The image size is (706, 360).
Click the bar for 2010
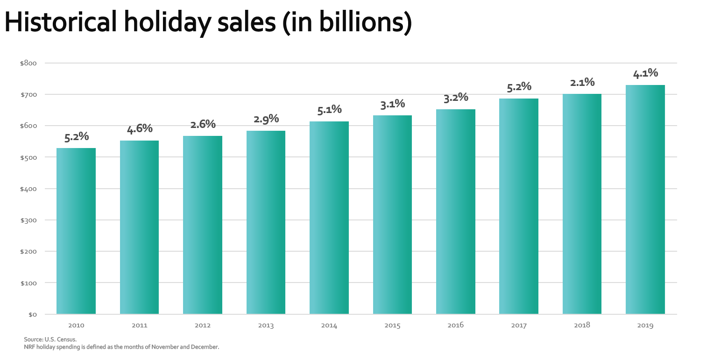click(x=76, y=231)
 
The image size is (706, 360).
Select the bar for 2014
click(x=329, y=218)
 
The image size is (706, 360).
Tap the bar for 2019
click(x=645, y=199)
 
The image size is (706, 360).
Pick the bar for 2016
click(x=456, y=212)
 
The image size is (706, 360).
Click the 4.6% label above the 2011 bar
click(x=140, y=128)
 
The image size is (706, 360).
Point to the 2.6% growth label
click(x=203, y=124)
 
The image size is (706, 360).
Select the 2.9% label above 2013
click(x=266, y=119)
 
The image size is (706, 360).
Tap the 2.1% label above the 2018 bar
click(x=582, y=82)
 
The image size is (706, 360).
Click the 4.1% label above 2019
click(x=645, y=73)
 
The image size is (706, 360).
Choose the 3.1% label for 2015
click(x=392, y=104)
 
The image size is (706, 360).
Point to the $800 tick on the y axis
click(x=28, y=63)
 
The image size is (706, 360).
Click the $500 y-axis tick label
click(x=28, y=157)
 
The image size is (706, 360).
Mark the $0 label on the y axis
click(x=32, y=314)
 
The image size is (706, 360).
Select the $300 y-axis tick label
click(x=28, y=220)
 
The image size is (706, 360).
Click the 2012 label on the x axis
click(x=203, y=325)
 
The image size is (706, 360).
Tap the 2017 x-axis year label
click(x=519, y=325)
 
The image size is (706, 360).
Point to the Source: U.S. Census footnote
click(x=50, y=339)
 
